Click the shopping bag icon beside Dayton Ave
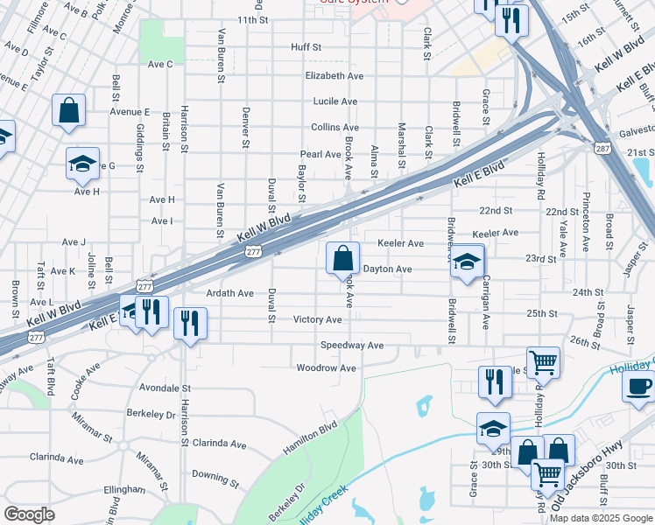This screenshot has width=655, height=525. [342, 258]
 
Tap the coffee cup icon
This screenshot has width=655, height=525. [637, 385]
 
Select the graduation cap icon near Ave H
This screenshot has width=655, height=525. [83, 163]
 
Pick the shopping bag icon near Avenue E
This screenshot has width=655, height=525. [68, 111]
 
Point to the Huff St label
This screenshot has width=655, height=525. [307, 46]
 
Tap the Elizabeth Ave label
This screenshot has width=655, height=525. [334, 76]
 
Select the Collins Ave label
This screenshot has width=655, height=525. [335, 127]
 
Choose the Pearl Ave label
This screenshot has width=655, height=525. [320, 154]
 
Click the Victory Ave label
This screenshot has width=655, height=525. [317, 319]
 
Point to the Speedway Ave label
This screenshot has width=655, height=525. [351, 346]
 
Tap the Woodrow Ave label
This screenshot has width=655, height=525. [327, 368]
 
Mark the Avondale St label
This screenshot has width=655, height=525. [166, 387]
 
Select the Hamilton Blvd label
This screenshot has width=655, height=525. [309, 437]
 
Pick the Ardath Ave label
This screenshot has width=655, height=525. [229, 293]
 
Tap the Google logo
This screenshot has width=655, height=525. [29, 514]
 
